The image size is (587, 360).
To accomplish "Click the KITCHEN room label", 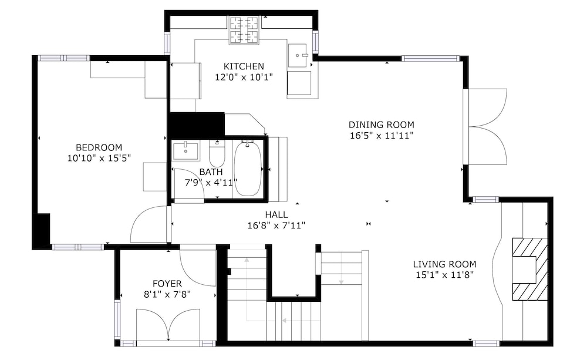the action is [244, 66].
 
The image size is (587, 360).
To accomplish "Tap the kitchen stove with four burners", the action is [244, 31].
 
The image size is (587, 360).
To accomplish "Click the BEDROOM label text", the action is [99, 147].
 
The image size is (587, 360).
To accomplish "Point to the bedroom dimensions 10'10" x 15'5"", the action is [99, 158].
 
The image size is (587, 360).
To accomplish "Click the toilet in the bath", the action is [217, 154].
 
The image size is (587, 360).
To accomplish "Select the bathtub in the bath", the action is [248, 168].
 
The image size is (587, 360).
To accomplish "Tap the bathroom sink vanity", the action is [186, 150].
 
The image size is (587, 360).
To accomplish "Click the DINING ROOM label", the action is [382, 125].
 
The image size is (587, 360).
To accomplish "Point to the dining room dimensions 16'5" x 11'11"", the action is [382, 135].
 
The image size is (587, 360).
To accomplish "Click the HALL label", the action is [276, 215].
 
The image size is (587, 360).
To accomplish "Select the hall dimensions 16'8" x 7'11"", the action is [276, 226].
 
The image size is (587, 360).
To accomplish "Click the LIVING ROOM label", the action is [445, 264].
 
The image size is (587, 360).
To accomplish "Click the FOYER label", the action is [167, 284].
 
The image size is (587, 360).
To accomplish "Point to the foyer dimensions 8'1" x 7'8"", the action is [167, 294].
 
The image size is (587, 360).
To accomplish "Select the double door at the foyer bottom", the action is [168, 324].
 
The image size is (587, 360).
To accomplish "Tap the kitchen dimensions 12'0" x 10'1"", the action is [244, 77].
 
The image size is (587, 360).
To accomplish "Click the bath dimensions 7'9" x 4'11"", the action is [211, 183].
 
